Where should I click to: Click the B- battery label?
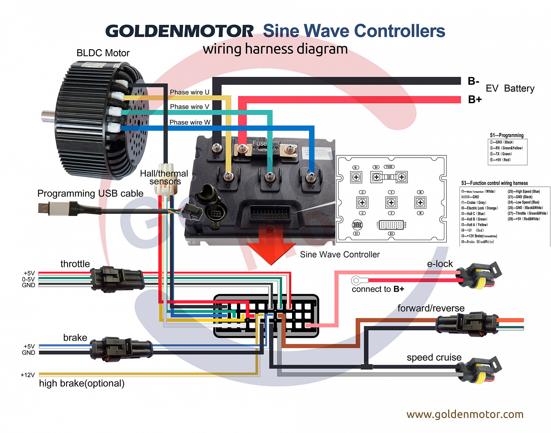tap(473, 81)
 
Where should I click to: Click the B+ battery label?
tap(475, 100)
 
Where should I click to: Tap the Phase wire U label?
tap(190, 92)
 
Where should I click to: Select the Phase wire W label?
tap(190, 122)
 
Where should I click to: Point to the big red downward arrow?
tap(271, 246)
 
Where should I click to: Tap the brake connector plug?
tap(121, 349)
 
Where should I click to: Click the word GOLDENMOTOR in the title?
tap(179, 31)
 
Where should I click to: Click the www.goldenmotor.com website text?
tap(465, 414)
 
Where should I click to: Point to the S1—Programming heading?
tap(507, 135)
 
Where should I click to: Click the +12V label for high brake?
tap(28, 375)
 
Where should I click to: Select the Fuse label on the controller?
tap(259, 143)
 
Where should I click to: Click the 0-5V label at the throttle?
tap(28, 279)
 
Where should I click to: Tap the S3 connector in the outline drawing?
tap(391, 225)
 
